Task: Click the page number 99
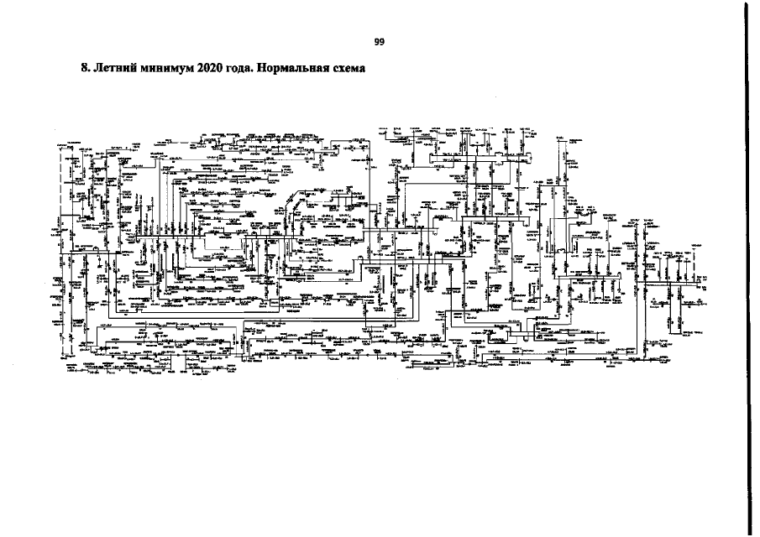point(380,41)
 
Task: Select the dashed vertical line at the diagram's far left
point(60,252)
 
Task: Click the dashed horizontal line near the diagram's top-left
point(84,144)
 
